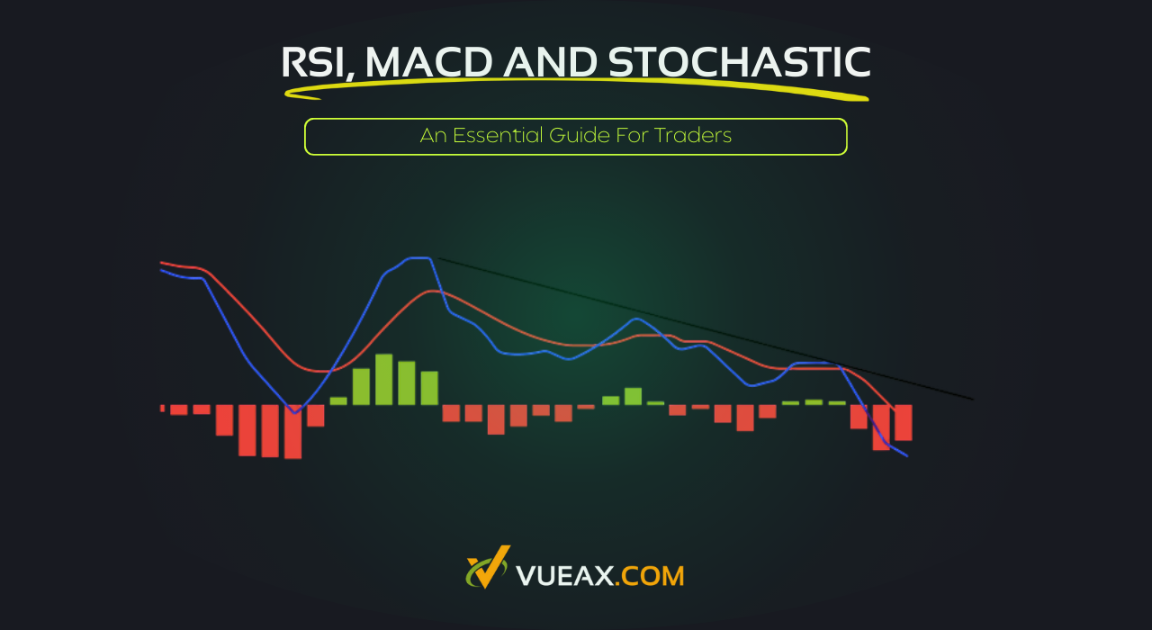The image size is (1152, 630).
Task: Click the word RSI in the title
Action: (317, 63)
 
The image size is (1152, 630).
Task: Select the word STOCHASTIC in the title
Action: (739, 63)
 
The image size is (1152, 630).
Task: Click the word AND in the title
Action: (549, 63)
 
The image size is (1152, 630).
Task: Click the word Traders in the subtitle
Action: (693, 136)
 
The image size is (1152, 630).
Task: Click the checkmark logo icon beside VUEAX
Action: (487, 569)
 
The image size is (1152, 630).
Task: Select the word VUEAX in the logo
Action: (566, 575)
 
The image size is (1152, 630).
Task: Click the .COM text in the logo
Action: (651, 575)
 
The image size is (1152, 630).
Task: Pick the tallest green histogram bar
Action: (384, 379)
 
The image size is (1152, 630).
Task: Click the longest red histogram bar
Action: (292, 431)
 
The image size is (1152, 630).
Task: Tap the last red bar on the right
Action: (904, 422)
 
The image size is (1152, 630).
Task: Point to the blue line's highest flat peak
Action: (418, 258)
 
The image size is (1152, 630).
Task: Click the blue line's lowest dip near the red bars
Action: (293, 412)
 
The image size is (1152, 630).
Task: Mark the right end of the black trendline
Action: (972, 399)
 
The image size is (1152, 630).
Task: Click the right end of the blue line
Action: (906, 456)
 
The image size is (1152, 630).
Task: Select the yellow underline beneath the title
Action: (576, 88)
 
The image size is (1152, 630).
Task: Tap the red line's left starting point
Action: (162, 263)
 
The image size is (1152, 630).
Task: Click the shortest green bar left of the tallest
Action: (338, 400)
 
